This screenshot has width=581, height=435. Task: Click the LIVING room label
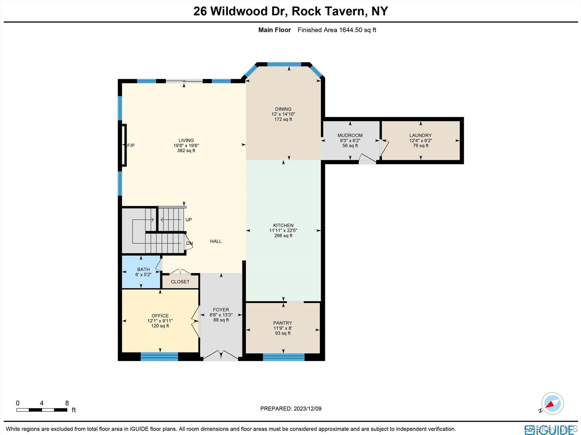point(186,140)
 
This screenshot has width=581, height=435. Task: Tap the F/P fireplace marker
point(130,146)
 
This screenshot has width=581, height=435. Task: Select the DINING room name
point(283,109)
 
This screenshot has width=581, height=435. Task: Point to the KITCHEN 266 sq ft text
point(283,236)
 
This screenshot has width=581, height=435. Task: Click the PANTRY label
point(282,323)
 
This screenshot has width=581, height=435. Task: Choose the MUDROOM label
point(350,135)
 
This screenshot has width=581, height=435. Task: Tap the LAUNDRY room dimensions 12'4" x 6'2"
point(420,141)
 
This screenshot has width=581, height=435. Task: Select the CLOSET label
point(180,282)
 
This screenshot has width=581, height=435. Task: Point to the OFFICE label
point(160,316)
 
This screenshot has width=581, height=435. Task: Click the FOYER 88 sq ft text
point(221,320)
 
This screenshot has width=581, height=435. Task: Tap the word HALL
point(216,241)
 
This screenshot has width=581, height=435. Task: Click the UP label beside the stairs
point(188,220)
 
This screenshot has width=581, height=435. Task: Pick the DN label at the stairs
point(189,243)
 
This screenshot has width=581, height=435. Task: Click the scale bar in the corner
point(42,409)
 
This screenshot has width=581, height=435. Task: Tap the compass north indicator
point(552,404)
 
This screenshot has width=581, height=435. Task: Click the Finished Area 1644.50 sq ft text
point(336,30)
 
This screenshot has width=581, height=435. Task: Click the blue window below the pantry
point(283,357)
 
